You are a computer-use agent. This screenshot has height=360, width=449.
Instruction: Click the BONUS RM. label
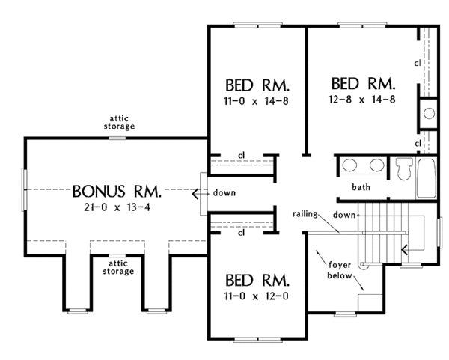(117, 192)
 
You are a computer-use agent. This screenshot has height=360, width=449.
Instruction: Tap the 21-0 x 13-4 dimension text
(117, 207)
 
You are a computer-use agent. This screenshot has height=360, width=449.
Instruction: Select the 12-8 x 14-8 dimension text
(362, 100)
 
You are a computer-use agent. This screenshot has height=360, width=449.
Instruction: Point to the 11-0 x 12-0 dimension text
(256, 296)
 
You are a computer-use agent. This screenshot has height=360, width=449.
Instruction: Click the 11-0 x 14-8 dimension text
(256, 101)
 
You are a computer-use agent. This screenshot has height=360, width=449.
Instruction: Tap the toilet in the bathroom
(404, 168)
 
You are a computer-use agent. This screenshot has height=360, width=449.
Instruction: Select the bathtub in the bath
(427, 177)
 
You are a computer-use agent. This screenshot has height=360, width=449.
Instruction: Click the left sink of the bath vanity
(349, 165)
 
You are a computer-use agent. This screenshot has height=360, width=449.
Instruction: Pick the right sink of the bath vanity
(376, 165)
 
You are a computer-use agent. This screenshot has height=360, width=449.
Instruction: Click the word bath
(361, 187)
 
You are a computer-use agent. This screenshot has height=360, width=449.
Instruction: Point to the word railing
(305, 214)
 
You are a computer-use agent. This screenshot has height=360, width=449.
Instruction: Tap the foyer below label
(340, 270)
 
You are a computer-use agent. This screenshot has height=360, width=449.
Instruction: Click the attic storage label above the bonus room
(119, 122)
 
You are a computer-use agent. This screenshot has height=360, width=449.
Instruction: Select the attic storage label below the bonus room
(118, 267)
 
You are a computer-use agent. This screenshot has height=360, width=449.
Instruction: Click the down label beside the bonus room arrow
(224, 193)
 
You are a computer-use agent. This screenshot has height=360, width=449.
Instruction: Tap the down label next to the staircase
(344, 215)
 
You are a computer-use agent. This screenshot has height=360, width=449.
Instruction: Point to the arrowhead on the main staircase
(404, 250)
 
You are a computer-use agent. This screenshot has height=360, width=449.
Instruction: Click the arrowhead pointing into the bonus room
(195, 194)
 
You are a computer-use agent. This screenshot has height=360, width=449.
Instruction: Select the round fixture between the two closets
(429, 113)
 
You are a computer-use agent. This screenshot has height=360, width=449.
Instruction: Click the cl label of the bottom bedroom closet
(242, 233)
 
